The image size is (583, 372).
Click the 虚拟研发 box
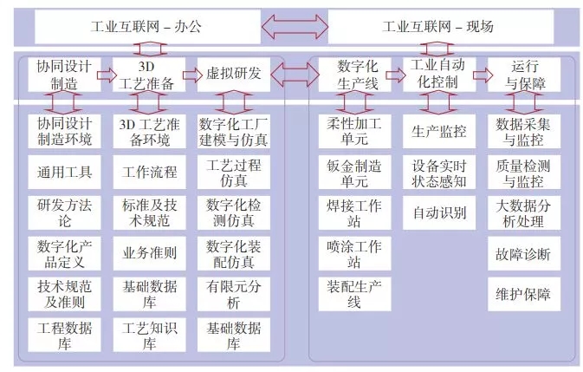coord(232,75)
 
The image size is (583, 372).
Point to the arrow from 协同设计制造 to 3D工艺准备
coord(107,75)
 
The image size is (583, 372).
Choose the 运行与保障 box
coord(522,75)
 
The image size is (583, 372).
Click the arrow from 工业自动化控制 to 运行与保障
coord(483,75)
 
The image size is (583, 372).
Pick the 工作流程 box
coord(149,171)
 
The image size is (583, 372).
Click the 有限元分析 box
coord(232,295)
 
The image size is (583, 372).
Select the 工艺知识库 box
coord(149,336)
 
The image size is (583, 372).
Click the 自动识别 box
coord(438,212)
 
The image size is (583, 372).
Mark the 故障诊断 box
coord(523,255)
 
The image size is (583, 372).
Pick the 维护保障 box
coord(523,295)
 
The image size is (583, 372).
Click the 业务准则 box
coord(149,254)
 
